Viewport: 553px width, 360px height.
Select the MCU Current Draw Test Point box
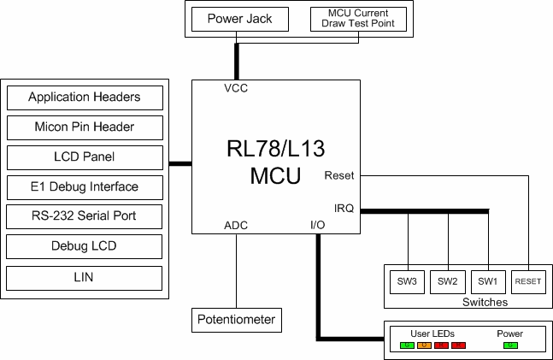(358, 19)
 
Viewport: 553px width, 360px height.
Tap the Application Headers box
(84, 97)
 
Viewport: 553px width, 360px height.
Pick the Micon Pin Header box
(84, 127)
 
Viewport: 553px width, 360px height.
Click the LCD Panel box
(84, 157)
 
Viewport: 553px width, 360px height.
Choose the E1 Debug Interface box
(84, 186)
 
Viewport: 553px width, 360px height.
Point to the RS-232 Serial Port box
(84, 216)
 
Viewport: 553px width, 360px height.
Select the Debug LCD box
(84, 247)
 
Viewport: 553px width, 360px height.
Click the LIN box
(84, 278)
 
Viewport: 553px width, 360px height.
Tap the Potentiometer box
(236, 320)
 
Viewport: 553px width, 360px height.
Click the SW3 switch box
(407, 280)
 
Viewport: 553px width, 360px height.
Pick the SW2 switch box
(448, 280)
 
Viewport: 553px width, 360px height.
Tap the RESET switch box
(528, 280)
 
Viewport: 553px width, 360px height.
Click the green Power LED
(510, 345)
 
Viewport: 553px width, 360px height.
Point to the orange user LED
(425, 345)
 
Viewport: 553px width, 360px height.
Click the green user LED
(407, 345)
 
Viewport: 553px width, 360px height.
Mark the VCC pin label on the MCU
(236, 89)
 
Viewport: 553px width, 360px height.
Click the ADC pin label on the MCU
(236, 226)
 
